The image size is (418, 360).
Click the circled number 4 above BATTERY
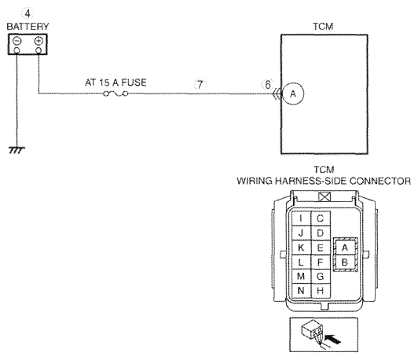click(27, 13)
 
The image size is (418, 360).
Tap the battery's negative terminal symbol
click(16, 41)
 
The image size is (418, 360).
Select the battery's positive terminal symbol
click(38, 41)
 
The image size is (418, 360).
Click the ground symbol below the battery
click(16, 150)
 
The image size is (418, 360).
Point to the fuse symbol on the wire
click(115, 94)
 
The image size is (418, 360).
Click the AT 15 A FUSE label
click(115, 83)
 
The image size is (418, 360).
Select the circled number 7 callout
click(200, 85)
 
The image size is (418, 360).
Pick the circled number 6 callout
click(268, 85)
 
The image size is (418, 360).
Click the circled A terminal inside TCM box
click(293, 94)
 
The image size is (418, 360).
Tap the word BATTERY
click(27, 27)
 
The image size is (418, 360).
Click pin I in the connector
click(301, 219)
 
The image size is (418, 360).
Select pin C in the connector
click(321, 219)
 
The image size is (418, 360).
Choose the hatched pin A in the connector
click(345, 248)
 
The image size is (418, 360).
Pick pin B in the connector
click(345, 263)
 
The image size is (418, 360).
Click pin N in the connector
click(301, 291)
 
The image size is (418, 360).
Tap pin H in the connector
click(321, 291)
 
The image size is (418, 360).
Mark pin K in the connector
click(301, 248)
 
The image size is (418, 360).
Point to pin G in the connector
click(321, 276)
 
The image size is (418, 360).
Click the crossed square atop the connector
click(324, 197)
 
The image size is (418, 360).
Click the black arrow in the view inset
click(332, 339)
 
